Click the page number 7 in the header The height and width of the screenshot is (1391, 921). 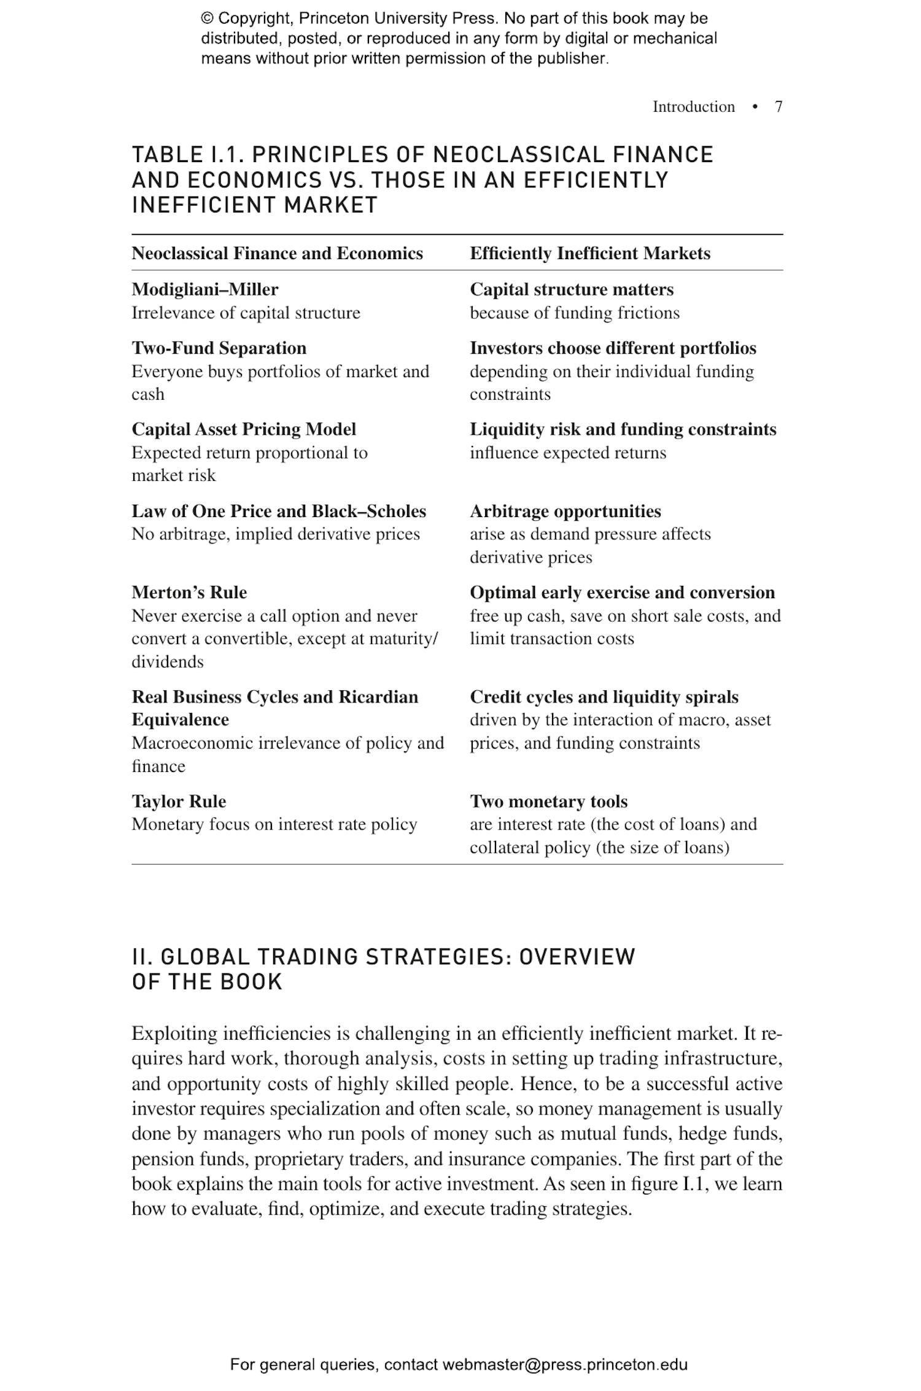[778, 107]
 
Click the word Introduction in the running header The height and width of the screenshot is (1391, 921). [693, 107]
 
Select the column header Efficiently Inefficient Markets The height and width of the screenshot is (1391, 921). [589, 254]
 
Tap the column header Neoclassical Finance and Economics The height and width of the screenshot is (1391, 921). [277, 254]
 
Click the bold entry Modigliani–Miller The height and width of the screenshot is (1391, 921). [204, 289]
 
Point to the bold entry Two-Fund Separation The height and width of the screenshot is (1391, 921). [219, 348]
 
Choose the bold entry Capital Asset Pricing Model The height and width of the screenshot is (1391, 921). [244, 429]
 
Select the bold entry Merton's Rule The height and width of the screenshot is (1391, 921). [189, 593]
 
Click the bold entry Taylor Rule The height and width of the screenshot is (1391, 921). [179, 801]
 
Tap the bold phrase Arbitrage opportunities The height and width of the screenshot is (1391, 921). [565, 512]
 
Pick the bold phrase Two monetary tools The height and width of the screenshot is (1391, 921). [548, 801]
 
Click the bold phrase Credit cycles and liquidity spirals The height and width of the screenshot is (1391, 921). [604, 697]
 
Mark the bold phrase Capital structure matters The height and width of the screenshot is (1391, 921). [571, 289]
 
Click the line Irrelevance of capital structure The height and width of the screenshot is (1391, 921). [246, 313]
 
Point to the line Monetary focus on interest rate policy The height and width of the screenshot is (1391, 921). [274, 824]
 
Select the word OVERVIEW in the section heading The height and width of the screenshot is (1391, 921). [577, 957]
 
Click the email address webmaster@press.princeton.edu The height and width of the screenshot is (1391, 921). [564, 1365]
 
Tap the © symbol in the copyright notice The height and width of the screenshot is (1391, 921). [207, 19]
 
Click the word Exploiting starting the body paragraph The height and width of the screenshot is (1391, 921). [174, 1034]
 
